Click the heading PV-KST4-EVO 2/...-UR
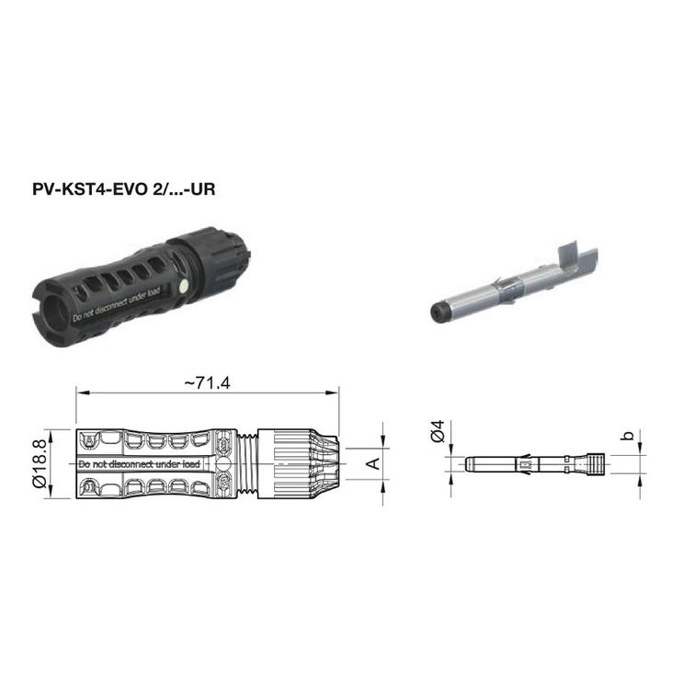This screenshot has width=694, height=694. coord(123,189)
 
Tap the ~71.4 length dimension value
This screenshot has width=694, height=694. coord(207,383)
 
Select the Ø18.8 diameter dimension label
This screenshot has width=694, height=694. coord(40,463)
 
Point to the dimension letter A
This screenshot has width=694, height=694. coord(374,463)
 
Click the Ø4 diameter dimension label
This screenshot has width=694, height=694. coord(438,431)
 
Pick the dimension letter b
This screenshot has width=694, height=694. coord(627,436)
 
